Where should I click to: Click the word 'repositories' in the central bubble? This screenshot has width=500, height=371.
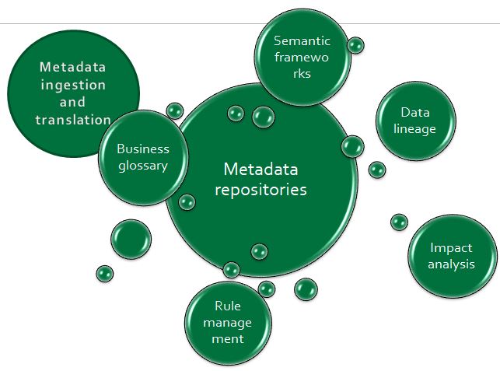click(x=260, y=189)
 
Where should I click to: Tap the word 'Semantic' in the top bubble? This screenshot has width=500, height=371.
click(x=302, y=41)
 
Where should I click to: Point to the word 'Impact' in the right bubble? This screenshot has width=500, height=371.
click(x=451, y=248)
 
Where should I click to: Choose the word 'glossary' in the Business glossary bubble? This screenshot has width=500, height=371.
click(x=142, y=166)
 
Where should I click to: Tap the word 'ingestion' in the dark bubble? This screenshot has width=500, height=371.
click(x=72, y=85)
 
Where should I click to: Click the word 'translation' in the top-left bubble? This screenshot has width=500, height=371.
click(x=73, y=120)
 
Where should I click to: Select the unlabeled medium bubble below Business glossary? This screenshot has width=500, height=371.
click(x=131, y=239)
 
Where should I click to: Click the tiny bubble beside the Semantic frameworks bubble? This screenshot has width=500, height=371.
click(x=355, y=46)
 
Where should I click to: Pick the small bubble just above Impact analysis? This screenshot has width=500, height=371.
click(x=399, y=222)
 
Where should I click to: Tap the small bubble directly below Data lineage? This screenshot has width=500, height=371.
click(x=377, y=170)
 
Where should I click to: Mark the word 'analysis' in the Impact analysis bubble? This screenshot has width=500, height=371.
click(x=451, y=264)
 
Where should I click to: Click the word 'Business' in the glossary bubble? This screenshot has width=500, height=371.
click(x=142, y=149)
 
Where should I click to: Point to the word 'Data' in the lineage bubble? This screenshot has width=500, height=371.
click(x=415, y=114)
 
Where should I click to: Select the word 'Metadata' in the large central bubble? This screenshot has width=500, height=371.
click(x=260, y=170)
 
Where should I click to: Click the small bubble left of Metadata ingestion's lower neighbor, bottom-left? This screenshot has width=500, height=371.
click(x=104, y=273)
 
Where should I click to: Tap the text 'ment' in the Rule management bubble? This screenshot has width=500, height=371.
click(x=228, y=339)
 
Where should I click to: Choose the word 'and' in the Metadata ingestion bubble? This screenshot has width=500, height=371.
click(x=72, y=102)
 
